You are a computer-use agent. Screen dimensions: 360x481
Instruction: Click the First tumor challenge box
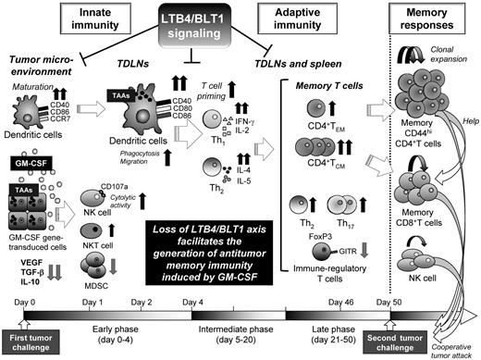pos(32,341)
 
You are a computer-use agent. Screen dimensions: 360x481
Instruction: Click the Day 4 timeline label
pos(195,302)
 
